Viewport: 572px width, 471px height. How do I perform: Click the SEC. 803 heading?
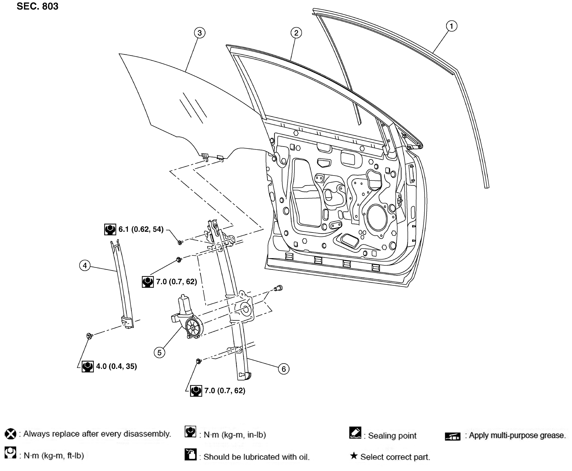37,6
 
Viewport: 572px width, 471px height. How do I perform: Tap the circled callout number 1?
452,26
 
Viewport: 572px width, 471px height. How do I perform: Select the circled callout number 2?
296,33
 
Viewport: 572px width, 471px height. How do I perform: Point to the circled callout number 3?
200,33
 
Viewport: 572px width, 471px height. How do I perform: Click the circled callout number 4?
85,265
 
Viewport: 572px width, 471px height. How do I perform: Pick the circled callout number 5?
159,353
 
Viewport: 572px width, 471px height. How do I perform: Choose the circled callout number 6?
284,369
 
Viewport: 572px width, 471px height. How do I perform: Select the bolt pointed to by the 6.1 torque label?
180,242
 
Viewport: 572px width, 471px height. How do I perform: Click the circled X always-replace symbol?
11,434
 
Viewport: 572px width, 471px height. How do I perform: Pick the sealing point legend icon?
355,433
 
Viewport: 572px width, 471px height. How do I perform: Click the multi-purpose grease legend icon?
452,436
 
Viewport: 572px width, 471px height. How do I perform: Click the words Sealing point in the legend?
392,436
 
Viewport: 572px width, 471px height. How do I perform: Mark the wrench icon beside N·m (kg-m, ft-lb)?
10,453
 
